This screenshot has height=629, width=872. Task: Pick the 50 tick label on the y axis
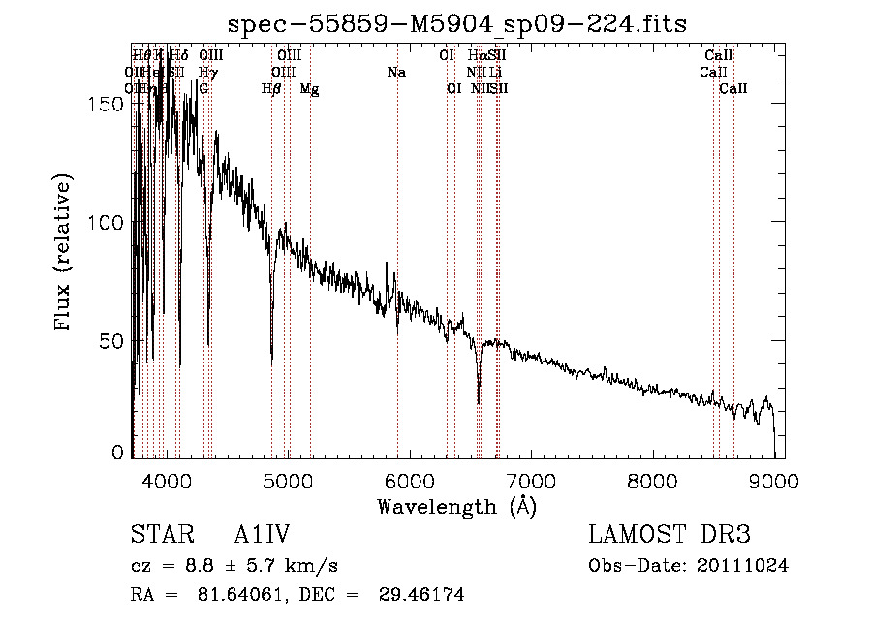coord(114,340)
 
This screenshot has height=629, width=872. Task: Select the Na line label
coord(396,73)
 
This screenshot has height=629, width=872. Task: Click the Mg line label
coord(310,88)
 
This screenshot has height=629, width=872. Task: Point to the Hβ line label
coord(271,88)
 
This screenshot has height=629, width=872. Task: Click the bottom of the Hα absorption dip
coord(479,401)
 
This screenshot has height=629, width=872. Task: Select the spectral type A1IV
coord(262,535)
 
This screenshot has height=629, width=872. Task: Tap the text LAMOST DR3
coord(670,535)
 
